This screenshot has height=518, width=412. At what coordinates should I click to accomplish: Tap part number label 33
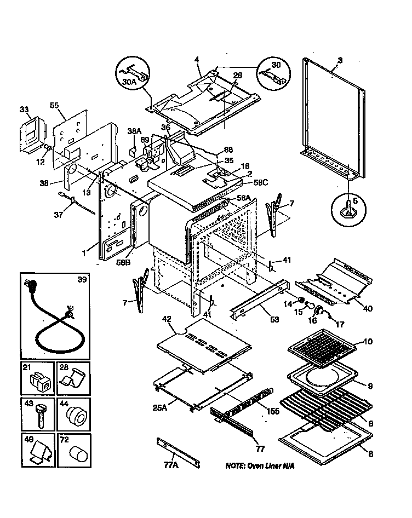[x=25, y=110]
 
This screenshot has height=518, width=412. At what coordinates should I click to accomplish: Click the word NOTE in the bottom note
[x=237, y=466]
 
